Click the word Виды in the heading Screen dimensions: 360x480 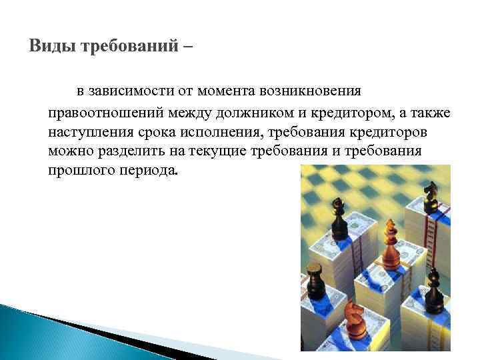coord(53,47)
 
